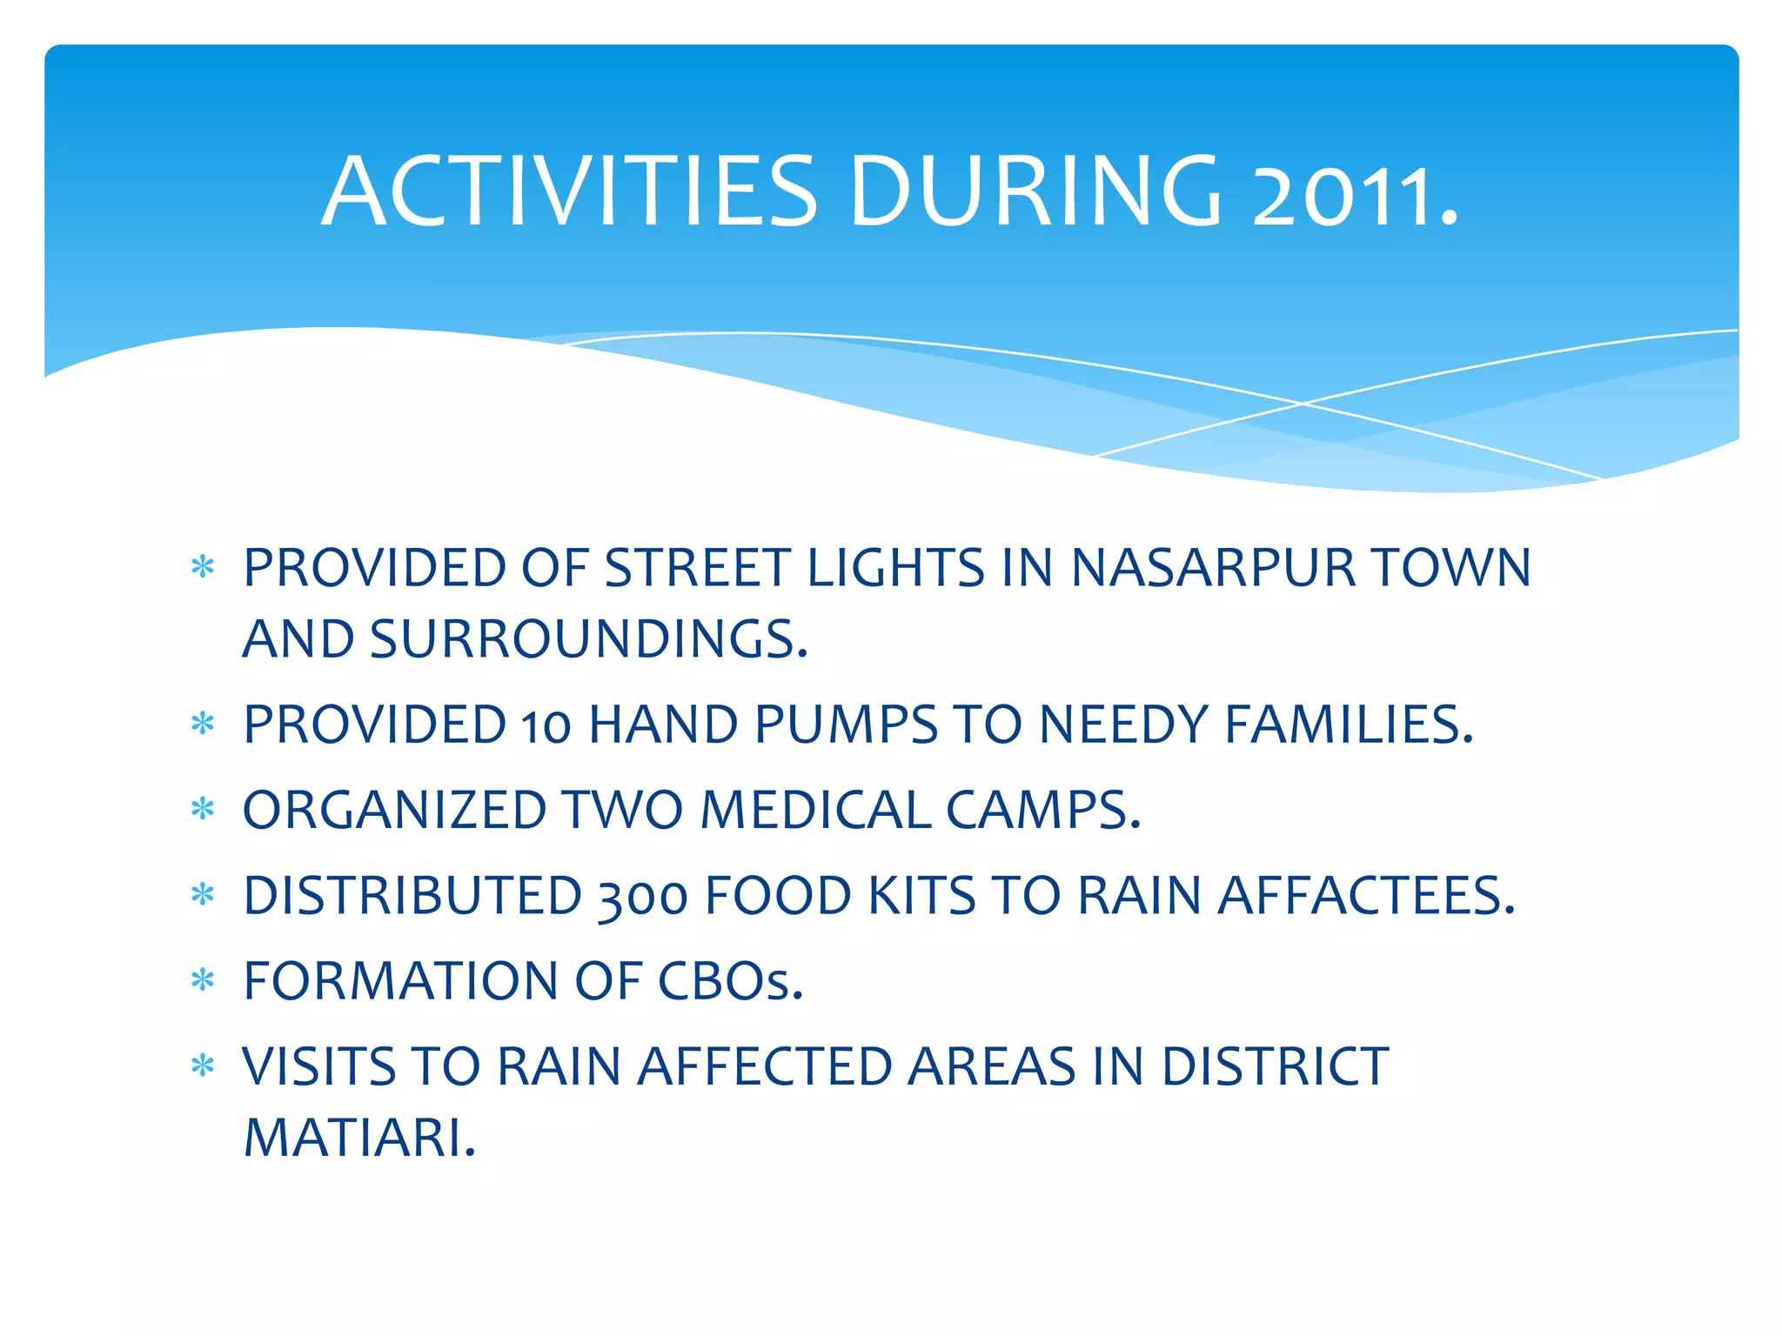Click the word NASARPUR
pyautogui.click(x=1212, y=569)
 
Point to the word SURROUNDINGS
pyautogui.click(x=588, y=640)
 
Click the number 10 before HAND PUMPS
pyautogui.click(x=546, y=727)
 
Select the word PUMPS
pyautogui.click(x=846, y=725)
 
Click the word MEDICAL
pyautogui.click(x=815, y=811)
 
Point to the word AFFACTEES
pyautogui.click(x=1365, y=896)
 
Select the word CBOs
pyautogui.click(x=729, y=982)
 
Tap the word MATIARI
pyautogui.click(x=359, y=1139)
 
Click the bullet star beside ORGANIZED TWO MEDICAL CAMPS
pyautogui.click(x=203, y=810)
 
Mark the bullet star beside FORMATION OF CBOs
pyautogui.click(x=203, y=981)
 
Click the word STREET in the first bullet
pyautogui.click(x=697, y=569)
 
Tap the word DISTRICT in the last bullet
pyautogui.click(x=1275, y=1067)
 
